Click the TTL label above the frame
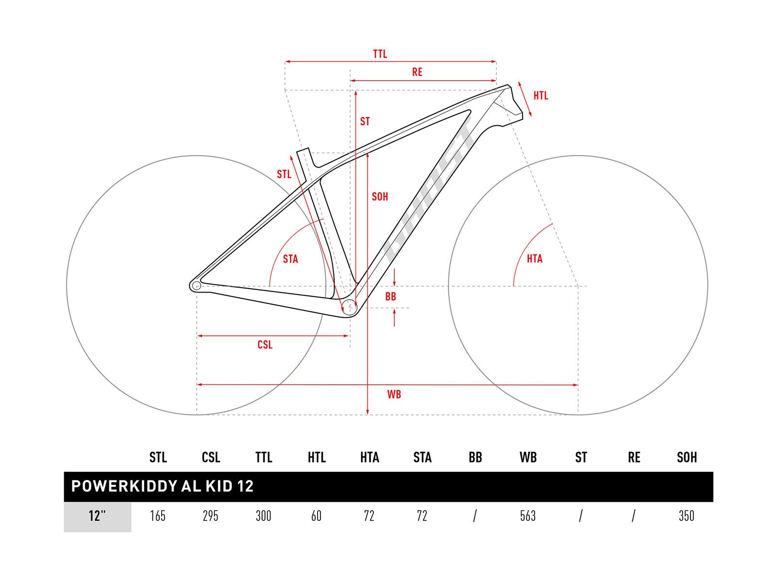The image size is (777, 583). pos(380,54)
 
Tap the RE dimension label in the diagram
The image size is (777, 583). pos(417,72)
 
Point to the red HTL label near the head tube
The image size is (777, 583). pos(541,96)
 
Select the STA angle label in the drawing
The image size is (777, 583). pos(290,259)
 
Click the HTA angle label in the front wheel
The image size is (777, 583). pos(535,259)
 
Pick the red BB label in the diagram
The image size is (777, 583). pos(390,297)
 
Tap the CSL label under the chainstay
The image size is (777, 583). pos(265,345)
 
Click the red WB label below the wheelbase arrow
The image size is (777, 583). pos(394,394)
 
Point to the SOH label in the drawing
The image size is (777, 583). pos(380,196)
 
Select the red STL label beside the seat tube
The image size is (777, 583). pos(284,174)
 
